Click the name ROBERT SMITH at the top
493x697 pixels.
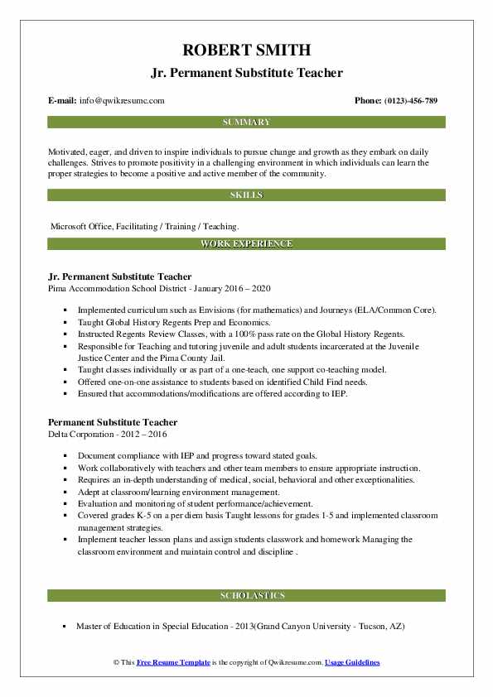[246, 50]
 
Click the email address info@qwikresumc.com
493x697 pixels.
[122, 101]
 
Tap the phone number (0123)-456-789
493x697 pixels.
[408, 101]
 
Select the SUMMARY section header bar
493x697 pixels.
[246, 123]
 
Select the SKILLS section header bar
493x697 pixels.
[246, 195]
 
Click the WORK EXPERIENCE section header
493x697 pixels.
[246, 244]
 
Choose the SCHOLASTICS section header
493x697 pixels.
[246, 596]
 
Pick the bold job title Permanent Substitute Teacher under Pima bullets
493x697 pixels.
[113, 422]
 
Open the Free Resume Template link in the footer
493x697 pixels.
[172, 663]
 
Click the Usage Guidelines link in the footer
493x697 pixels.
[352, 663]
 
